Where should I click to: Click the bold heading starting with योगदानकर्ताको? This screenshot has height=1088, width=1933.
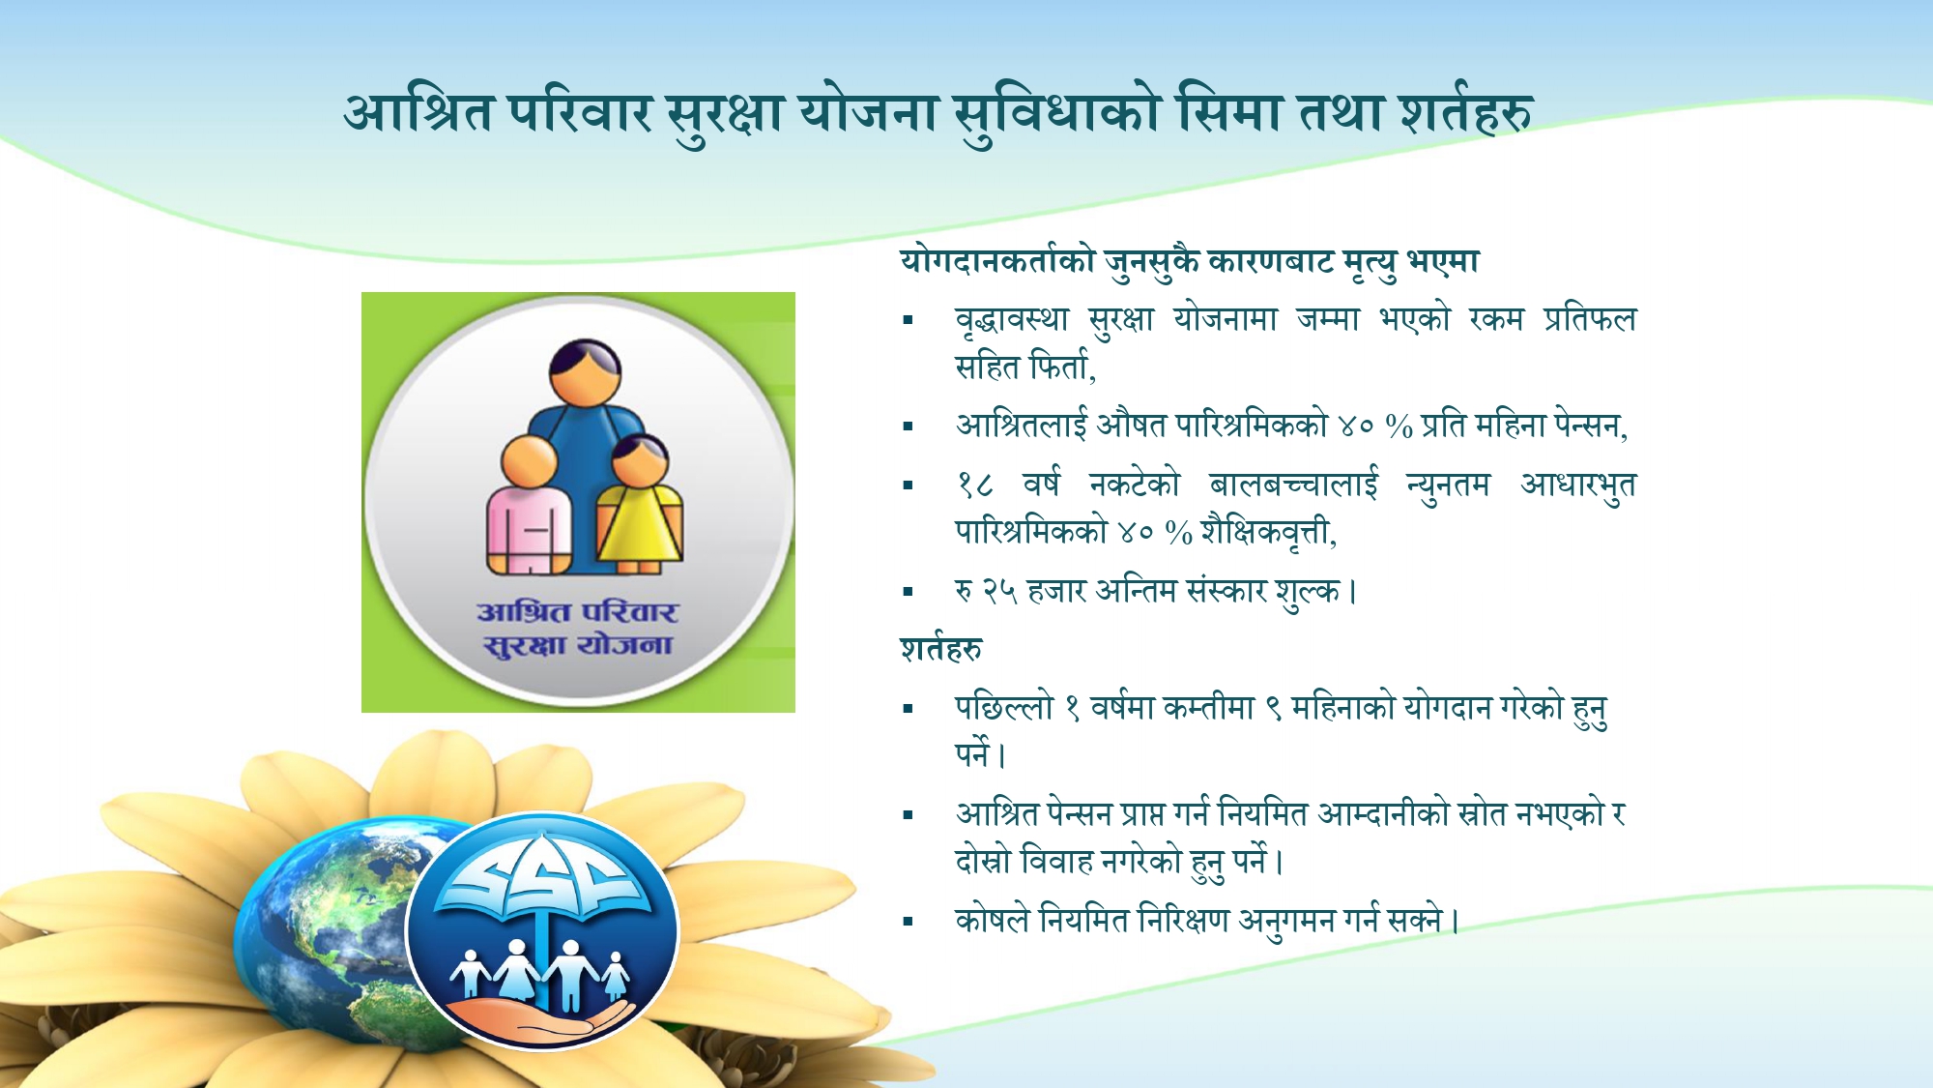click(x=1189, y=261)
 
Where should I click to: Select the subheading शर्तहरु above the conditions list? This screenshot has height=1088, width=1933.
click(x=940, y=649)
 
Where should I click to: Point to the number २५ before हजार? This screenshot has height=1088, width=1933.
click(x=999, y=591)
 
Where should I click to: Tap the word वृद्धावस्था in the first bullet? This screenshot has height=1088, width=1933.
click(x=1012, y=319)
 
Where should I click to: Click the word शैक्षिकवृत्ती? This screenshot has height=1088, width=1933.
click(x=1268, y=533)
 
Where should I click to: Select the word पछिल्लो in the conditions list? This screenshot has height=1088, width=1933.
click(x=1003, y=708)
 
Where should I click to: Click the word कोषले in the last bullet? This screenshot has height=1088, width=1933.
click(x=992, y=920)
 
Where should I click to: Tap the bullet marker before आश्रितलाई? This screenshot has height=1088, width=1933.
click(x=908, y=426)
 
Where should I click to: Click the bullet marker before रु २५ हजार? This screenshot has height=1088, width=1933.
click(x=908, y=592)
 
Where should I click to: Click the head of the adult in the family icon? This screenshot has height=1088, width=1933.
click(x=585, y=371)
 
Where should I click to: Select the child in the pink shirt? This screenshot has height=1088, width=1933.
click(x=529, y=508)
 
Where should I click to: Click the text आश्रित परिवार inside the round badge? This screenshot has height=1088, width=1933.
click(x=577, y=612)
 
